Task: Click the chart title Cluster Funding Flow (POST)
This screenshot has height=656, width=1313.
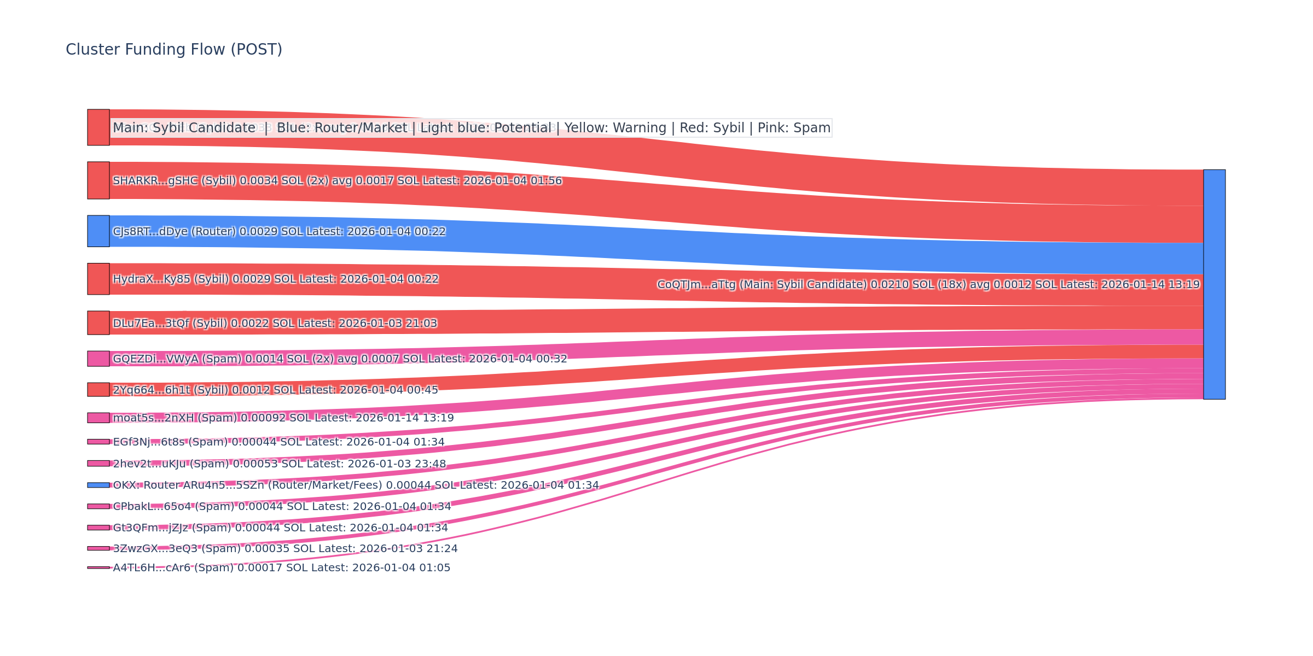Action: coord(174,50)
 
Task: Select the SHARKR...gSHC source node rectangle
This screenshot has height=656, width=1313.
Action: coord(98,180)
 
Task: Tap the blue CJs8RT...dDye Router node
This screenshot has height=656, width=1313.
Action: coord(98,231)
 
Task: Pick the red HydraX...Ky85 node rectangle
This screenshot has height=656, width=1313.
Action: coord(98,279)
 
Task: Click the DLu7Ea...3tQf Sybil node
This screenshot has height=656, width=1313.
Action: coord(98,323)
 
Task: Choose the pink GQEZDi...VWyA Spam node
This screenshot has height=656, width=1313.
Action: coord(98,359)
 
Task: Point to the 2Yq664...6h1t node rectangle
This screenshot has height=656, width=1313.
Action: coord(98,389)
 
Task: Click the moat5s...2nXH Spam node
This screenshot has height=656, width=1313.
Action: coord(98,418)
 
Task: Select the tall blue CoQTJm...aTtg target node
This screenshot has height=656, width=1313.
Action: coord(1214,284)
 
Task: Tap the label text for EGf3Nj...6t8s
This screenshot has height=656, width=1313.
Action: coord(278,442)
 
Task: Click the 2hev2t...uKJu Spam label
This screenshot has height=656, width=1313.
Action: coord(279,464)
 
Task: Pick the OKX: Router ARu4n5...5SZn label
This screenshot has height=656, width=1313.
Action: coord(356,485)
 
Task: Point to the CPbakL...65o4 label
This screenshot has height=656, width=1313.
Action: coord(282,506)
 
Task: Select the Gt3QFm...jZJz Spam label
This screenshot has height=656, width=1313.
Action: coord(280,528)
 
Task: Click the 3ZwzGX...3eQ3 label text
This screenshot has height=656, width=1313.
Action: coord(285,548)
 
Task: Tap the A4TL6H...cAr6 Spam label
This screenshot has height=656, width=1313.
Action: coord(281,567)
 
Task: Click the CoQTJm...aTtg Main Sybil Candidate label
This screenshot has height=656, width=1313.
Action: coord(928,284)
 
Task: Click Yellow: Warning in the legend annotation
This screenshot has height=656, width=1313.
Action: coord(615,128)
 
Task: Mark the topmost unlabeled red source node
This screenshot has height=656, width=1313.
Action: coord(98,127)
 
